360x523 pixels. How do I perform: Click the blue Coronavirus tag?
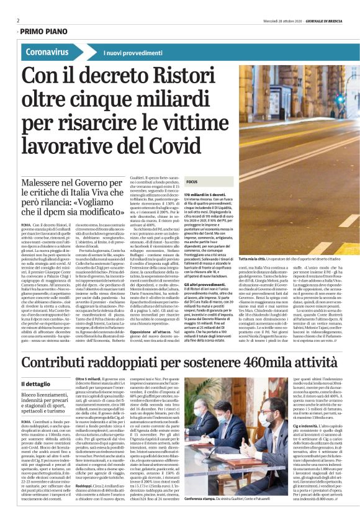pyautogui.click(x=48, y=52)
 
